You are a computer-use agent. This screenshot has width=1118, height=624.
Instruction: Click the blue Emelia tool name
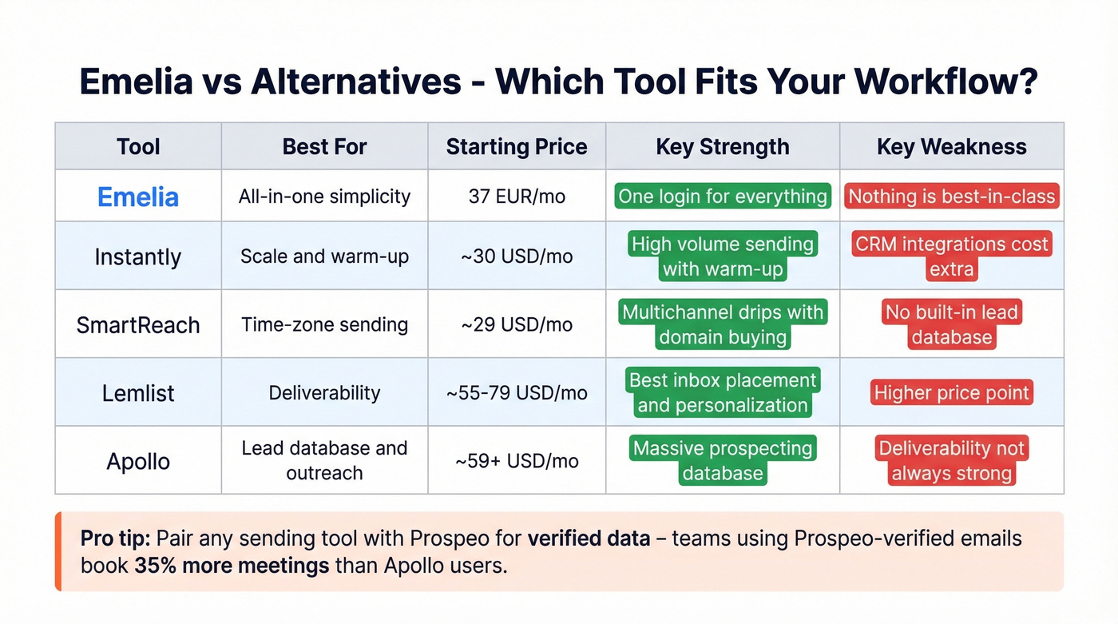click(137, 197)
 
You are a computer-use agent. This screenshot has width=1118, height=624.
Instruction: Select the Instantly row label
click(137, 257)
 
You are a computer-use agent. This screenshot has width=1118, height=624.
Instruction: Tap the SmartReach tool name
click(137, 325)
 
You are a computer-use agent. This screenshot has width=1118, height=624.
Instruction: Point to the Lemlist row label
click(137, 393)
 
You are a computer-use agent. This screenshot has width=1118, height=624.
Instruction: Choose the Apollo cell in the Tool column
click(137, 462)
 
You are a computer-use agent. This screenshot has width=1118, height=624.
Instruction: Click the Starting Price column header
click(516, 147)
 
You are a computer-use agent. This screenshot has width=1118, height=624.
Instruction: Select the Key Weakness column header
click(951, 147)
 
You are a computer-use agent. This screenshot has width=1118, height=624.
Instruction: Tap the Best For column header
click(324, 147)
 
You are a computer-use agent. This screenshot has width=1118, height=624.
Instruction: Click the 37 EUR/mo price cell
click(516, 197)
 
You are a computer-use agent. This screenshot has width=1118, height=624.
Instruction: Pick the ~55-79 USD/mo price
click(516, 393)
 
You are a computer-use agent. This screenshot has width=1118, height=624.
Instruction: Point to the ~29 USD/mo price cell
click(516, 325)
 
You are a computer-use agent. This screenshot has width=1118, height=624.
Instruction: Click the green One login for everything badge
click(722, 197)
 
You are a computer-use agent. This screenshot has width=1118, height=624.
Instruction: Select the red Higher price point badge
click(951, 393)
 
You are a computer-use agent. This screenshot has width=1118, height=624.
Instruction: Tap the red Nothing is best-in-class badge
click(951, 197)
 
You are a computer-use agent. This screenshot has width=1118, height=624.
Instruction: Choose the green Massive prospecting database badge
click(722, 461)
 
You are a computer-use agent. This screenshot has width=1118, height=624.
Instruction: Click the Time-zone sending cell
click(324, 325)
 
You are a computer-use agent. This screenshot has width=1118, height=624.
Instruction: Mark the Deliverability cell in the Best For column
click(324, 393)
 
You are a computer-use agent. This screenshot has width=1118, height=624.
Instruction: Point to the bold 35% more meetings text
click(232, 566)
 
